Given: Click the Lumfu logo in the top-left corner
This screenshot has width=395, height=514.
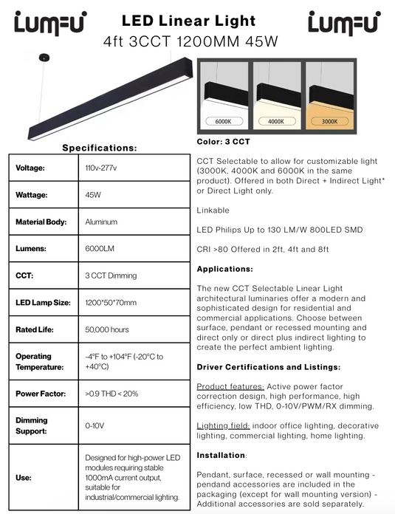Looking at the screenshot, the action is [49, 23].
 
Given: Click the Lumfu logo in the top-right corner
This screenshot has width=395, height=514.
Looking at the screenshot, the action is [343, 23].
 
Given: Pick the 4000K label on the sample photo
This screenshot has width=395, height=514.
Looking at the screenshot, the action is [276, 121].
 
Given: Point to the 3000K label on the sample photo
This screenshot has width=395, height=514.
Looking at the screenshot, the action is [329, 121].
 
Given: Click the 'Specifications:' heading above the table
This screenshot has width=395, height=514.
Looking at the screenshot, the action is [100, 148].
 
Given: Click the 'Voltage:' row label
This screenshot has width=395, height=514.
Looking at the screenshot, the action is [30, 168].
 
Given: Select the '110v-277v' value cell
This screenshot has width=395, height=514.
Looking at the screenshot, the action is [101, 168].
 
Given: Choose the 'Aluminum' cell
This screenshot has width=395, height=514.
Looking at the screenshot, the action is [102, 222].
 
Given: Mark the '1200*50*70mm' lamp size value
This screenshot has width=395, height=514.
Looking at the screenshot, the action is [111, 303].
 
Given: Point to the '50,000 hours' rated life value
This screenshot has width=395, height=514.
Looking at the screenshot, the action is [107, 329].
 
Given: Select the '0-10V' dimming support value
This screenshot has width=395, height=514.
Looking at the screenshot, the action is [95, 425].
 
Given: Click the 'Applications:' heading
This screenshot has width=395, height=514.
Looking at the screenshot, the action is [225, 269].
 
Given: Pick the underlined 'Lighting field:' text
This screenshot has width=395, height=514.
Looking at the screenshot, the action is [222, 426].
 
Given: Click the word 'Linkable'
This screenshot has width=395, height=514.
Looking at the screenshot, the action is [213, 210].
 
